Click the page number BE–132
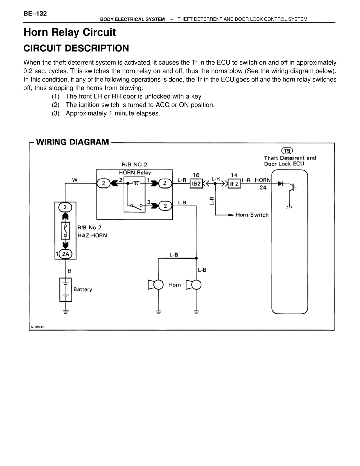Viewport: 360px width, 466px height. (x=35, y=14)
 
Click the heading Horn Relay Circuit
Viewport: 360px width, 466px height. (x=70, y=32)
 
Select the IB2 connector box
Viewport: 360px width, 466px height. (x=196, y=183)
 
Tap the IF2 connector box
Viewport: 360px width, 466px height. (x=234, y=184)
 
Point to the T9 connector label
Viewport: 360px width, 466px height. (x=287, y=151)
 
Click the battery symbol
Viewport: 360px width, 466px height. (x=66, y=290)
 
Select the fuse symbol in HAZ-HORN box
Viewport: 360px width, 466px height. (x=65, y=231)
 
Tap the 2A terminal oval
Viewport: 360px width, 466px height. (x=66, y=254)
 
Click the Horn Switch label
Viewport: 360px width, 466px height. (x=252, y=215)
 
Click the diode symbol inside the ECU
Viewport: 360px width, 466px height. (x=280, y=183)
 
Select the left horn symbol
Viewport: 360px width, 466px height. (x=156, y=285)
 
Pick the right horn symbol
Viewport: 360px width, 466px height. (x=193, y=285)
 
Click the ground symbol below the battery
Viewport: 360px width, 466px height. (x=66, y=312)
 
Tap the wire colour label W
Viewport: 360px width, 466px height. (x=75, y=180)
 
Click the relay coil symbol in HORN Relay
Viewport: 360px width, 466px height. (x=136, y=183)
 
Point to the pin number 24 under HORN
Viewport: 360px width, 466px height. (x=263, y=188)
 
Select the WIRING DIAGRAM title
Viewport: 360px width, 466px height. (x=73, y=142)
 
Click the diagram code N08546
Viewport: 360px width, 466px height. (x=38, y=327)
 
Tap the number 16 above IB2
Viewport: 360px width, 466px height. (x=196, y=175)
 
